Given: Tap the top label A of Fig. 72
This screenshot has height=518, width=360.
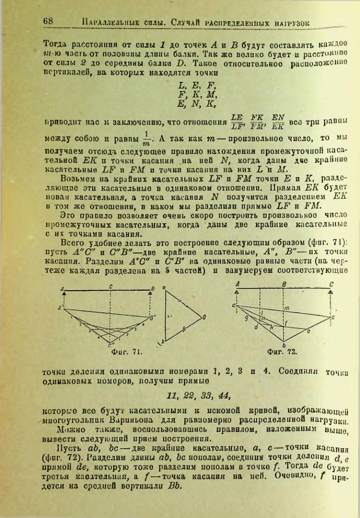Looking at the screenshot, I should tap(238, 285).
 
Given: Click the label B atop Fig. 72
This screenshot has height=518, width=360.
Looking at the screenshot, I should tap(285, 285).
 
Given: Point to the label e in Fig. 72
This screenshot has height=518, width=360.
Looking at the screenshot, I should tap(308, 331).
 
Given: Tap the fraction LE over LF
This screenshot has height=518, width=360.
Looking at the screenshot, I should tap(237, 122).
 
